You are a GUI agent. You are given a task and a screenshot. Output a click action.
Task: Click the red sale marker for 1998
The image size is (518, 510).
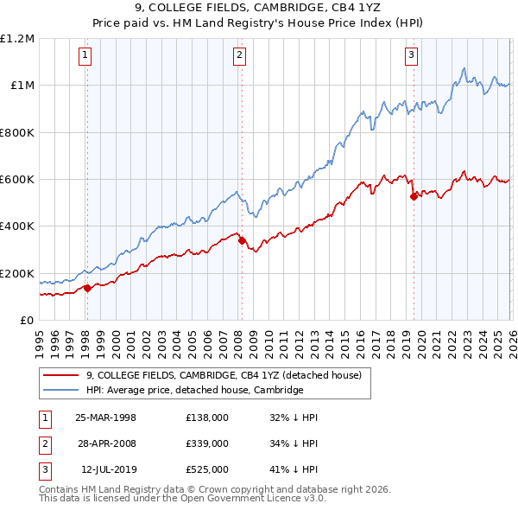[x=88, y=288]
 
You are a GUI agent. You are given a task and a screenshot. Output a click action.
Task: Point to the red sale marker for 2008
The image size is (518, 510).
[x=242, y=241]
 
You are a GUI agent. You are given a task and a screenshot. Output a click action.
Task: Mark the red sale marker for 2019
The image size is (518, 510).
[x=414, y=196]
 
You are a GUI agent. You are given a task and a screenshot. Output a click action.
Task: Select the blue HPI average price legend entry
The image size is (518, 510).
[x=194, y=391]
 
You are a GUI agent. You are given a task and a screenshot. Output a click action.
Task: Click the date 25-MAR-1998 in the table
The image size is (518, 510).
[x=105, y=418]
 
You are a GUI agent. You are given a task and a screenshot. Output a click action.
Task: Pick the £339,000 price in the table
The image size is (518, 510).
[x=206, y=443]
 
